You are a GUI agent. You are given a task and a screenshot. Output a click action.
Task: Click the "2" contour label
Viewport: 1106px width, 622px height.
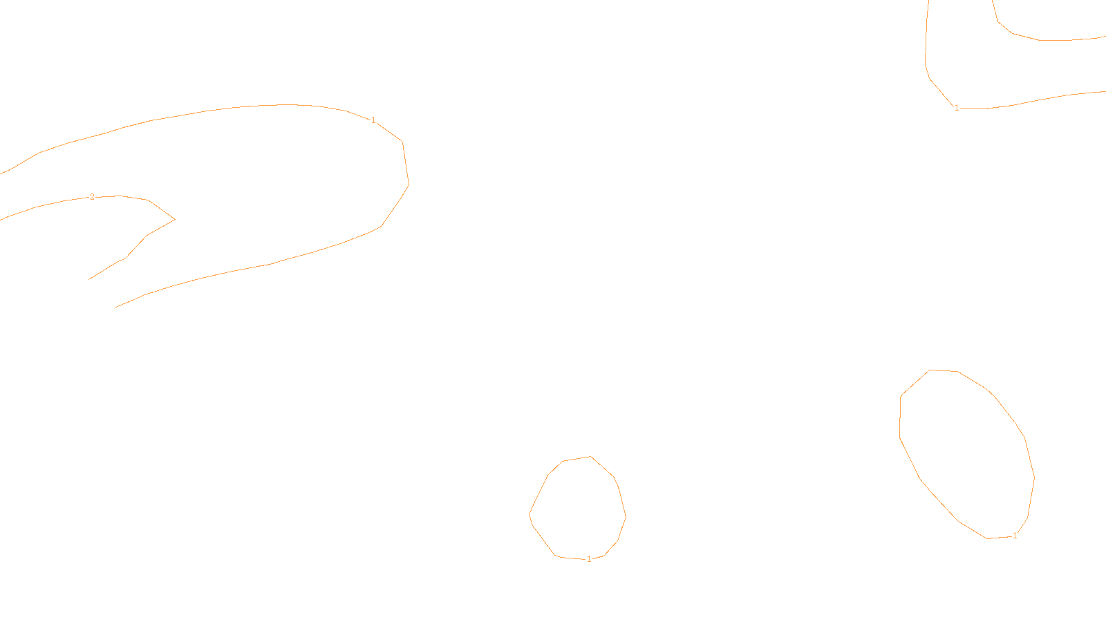[x=92, y=197]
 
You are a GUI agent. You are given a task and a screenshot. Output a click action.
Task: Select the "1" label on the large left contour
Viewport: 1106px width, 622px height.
[x=373, y=120]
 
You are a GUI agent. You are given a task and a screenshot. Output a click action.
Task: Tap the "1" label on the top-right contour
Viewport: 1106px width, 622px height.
[x=957, y=108]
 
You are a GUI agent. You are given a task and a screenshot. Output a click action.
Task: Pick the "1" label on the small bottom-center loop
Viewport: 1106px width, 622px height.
[x=589, y=559]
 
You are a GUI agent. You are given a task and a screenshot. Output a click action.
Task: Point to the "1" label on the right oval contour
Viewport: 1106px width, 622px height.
[x=1015, y=536]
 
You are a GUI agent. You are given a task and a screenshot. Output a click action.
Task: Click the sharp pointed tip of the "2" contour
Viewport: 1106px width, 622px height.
[x=174, y=220]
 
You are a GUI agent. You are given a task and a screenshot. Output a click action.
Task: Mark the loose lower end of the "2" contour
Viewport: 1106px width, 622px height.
[x=89, y=279]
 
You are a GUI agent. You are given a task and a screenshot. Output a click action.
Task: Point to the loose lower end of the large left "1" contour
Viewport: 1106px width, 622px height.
[x=116, y=307]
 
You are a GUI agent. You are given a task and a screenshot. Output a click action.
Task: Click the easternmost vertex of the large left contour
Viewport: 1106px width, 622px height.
[x=409, y=185]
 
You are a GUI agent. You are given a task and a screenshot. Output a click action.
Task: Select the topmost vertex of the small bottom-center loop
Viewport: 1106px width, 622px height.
[x=590, y=456]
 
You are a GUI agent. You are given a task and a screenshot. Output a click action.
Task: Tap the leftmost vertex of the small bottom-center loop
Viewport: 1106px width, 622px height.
[x=529, y=515]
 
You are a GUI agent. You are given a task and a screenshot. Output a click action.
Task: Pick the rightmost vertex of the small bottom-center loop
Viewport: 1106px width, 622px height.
[x=626, y=516]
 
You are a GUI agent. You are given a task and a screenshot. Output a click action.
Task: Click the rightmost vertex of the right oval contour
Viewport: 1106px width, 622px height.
[x=1034, y=477]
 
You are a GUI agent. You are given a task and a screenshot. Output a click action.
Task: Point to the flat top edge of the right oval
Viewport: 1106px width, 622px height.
[x=944, y=370]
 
